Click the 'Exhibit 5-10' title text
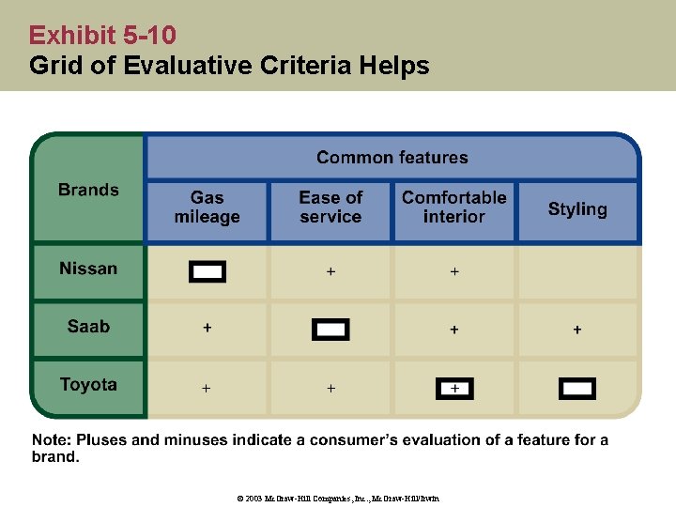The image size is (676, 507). click(x=102, y=36)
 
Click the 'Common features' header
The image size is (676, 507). click(x=392, y=158)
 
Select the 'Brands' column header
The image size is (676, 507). click(x=88, y=190)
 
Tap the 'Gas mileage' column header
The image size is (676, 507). click(x=207, y=207)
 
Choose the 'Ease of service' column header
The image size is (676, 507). click(x=330, y=207)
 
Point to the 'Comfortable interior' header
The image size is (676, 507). click(x=453, y=207)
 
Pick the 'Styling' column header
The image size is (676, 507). click(x=577, y=209)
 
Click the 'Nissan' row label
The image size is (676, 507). click(x=88, y=269)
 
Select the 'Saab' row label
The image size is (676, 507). click(x=88, y=328)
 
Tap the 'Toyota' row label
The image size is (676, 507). click(x=88, y=385)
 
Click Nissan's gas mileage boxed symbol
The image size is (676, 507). click(x=207, y=272)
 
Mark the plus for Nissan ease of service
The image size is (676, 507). click(x=330, y=271)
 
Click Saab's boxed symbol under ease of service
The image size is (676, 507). click(x=330, y=330)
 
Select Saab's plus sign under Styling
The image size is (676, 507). click(x=577, y=330)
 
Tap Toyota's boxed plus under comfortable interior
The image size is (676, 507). click(x=454, y=388)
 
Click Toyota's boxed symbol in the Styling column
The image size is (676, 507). click(x=577, y=389)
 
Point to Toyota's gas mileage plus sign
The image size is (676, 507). click(x=207, y=388)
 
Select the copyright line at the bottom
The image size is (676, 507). click(x=337, y=499)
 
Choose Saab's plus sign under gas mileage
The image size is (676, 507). click(x=207, y=328)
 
